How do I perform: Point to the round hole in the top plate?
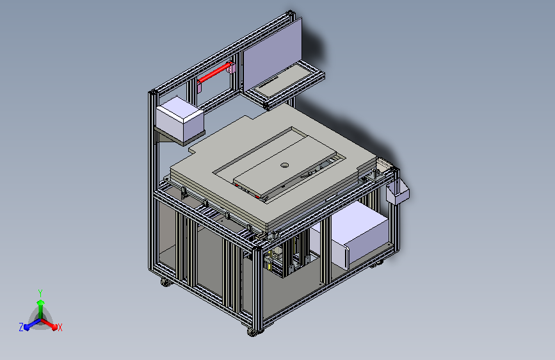(284, 165)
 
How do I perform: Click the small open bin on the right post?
(398, 193)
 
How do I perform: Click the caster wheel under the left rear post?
(166, 282)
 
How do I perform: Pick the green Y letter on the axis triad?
(40, 293)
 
